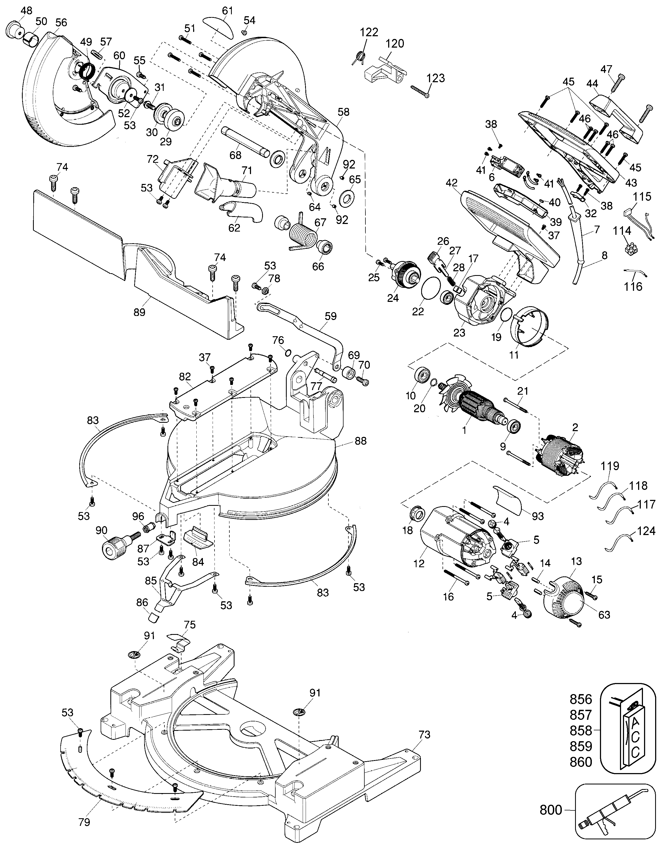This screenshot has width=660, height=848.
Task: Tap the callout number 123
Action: (435, 78)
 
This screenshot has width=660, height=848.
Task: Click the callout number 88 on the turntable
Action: (360, 441)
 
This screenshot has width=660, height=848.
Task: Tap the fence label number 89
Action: (139, 312)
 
